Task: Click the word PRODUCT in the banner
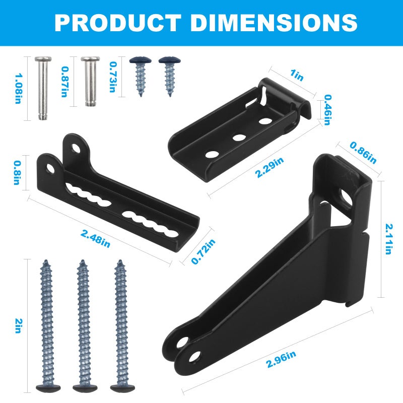118,23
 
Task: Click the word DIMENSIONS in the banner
274,23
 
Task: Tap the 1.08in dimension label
18,89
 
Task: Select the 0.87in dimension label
65,82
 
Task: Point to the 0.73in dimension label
113,77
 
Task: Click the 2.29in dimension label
270,167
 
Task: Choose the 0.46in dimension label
327,110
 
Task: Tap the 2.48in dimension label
95,239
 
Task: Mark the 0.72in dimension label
204,251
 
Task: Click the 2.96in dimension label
281,360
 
